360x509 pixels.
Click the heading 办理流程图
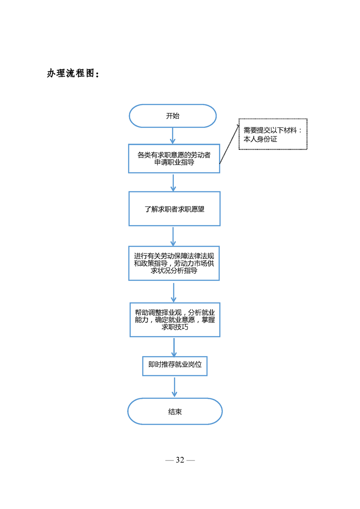73,73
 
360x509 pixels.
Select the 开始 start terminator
173,116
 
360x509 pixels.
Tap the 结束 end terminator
175,411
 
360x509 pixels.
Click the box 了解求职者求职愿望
174,209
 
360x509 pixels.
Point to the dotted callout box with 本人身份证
273,134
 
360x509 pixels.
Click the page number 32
180,460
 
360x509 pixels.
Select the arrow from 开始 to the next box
173,136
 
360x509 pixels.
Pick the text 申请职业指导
174,162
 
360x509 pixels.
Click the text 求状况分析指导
174,271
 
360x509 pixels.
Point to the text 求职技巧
175,327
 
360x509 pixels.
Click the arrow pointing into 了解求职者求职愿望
173,182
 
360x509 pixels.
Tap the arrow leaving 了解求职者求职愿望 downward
173,236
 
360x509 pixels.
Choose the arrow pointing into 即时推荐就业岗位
174,347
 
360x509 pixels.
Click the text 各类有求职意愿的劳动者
174,155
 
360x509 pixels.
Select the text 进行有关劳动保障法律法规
174,256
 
